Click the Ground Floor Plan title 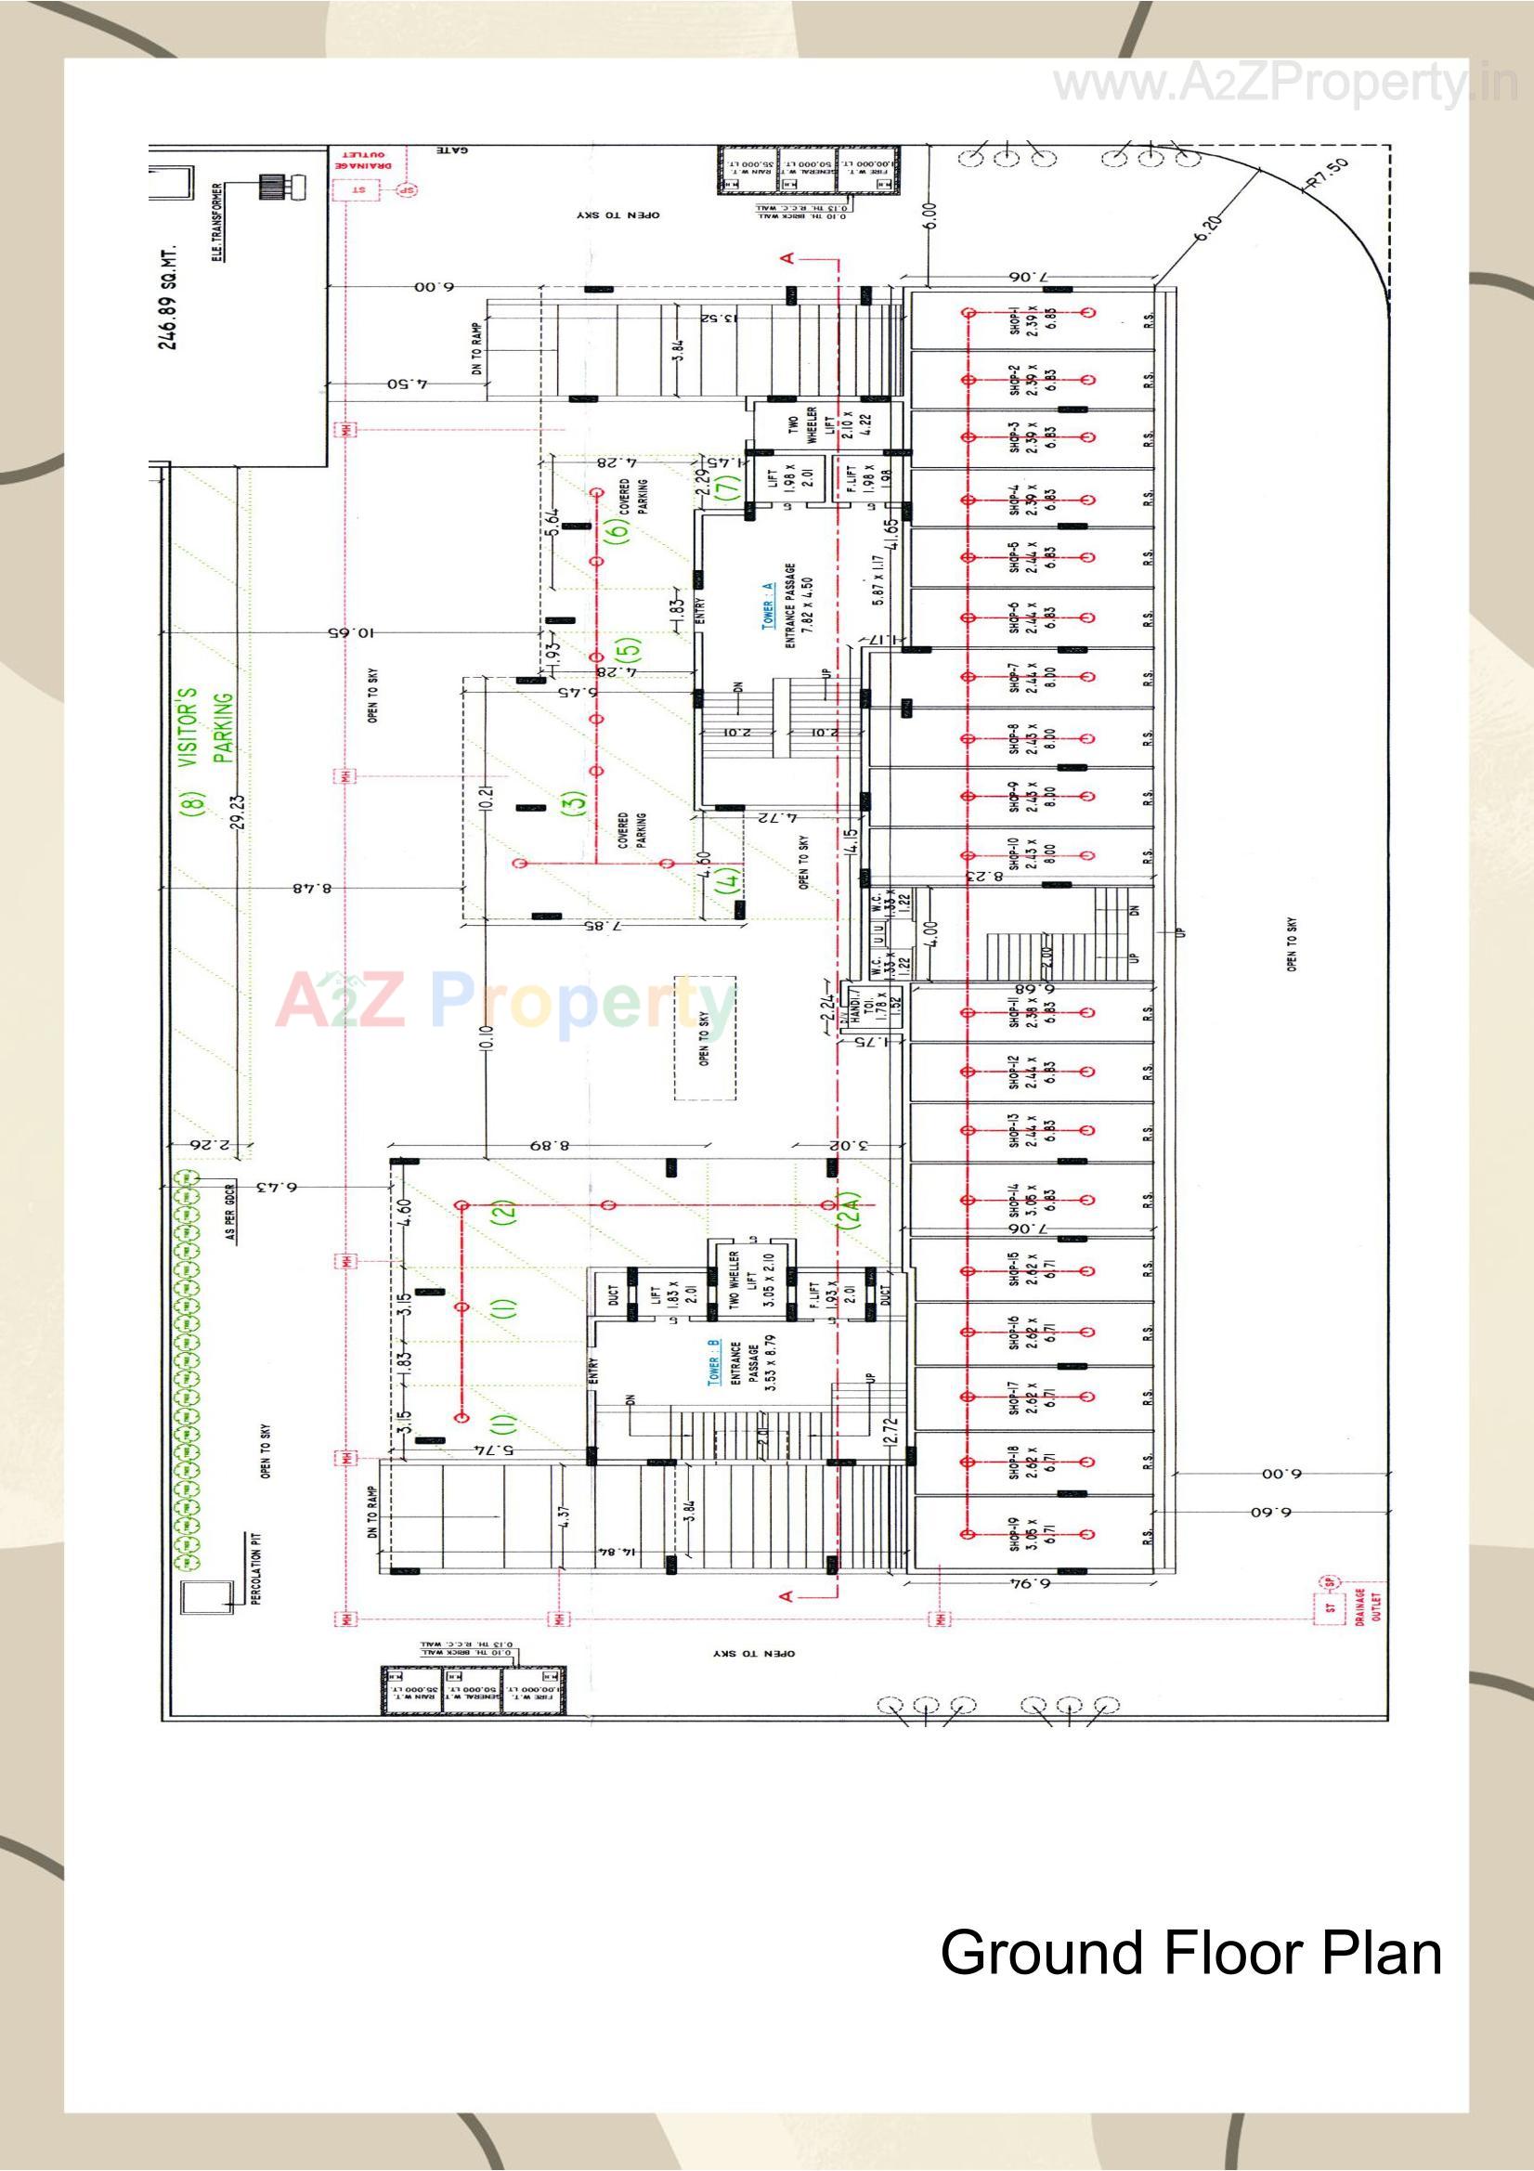(1189, 1954)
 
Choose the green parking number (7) (729, 489)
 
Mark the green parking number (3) (573, 802)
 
